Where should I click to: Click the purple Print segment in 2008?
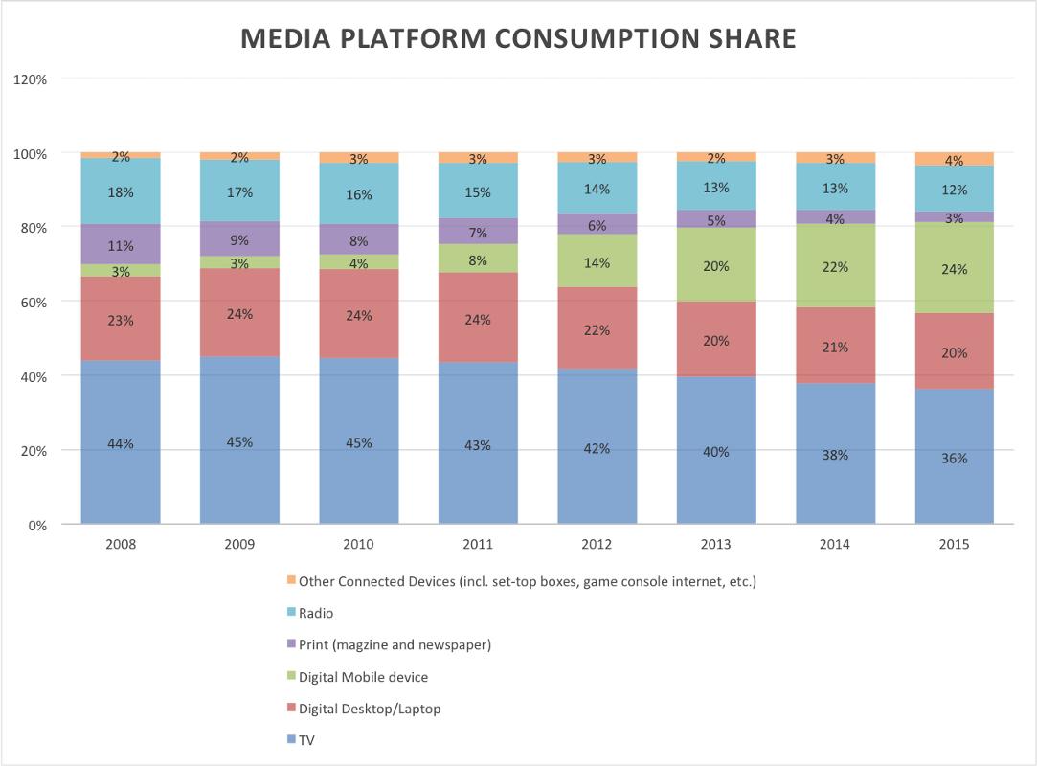(121, 244)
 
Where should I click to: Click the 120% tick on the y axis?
(30, 79)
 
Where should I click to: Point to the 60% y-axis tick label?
(33, 303)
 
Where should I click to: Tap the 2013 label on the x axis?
(715, 544)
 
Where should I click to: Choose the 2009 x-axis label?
(239, 544)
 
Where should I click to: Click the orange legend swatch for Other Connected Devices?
(290, 580)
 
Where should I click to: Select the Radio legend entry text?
(316, 613)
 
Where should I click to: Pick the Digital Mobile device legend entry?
(363, 677)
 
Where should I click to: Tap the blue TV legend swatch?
(290, 740)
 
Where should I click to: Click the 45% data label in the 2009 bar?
(239, 442)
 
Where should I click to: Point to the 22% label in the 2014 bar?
(835, 267)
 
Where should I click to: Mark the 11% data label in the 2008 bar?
(121, 244)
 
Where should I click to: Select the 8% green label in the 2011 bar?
(478, 259)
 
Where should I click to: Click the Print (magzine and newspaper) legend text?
(395, 644)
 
